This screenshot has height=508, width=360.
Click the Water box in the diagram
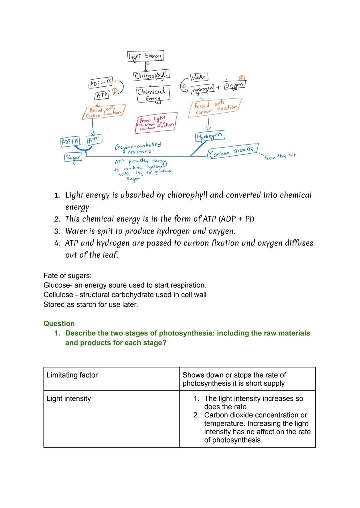pyautogui.click(x=198, y=77)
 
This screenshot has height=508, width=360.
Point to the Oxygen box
pyautogui.click(x=235, y=85)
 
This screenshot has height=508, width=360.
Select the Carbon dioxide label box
pyautogui.click(x=233, y=151)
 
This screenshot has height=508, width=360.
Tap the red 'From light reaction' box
pyautogui.click(x=156, y=124)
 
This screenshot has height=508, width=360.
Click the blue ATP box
pyautogui.click(x=94, y=139)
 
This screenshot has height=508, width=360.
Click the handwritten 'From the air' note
pyautogui.click(x=280, y=156)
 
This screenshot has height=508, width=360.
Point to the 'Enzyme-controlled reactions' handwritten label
pyautogui.click(x=138, y=148)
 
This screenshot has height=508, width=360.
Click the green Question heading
pyautogui.click(x=59, y=323)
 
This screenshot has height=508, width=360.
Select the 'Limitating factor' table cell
pyautogui.click(x=72, y=375)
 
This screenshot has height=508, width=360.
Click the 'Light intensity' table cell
pyautogui.click(x=69, y=398)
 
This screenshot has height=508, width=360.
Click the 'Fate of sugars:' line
pyautogui.click(x=67, y=275)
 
